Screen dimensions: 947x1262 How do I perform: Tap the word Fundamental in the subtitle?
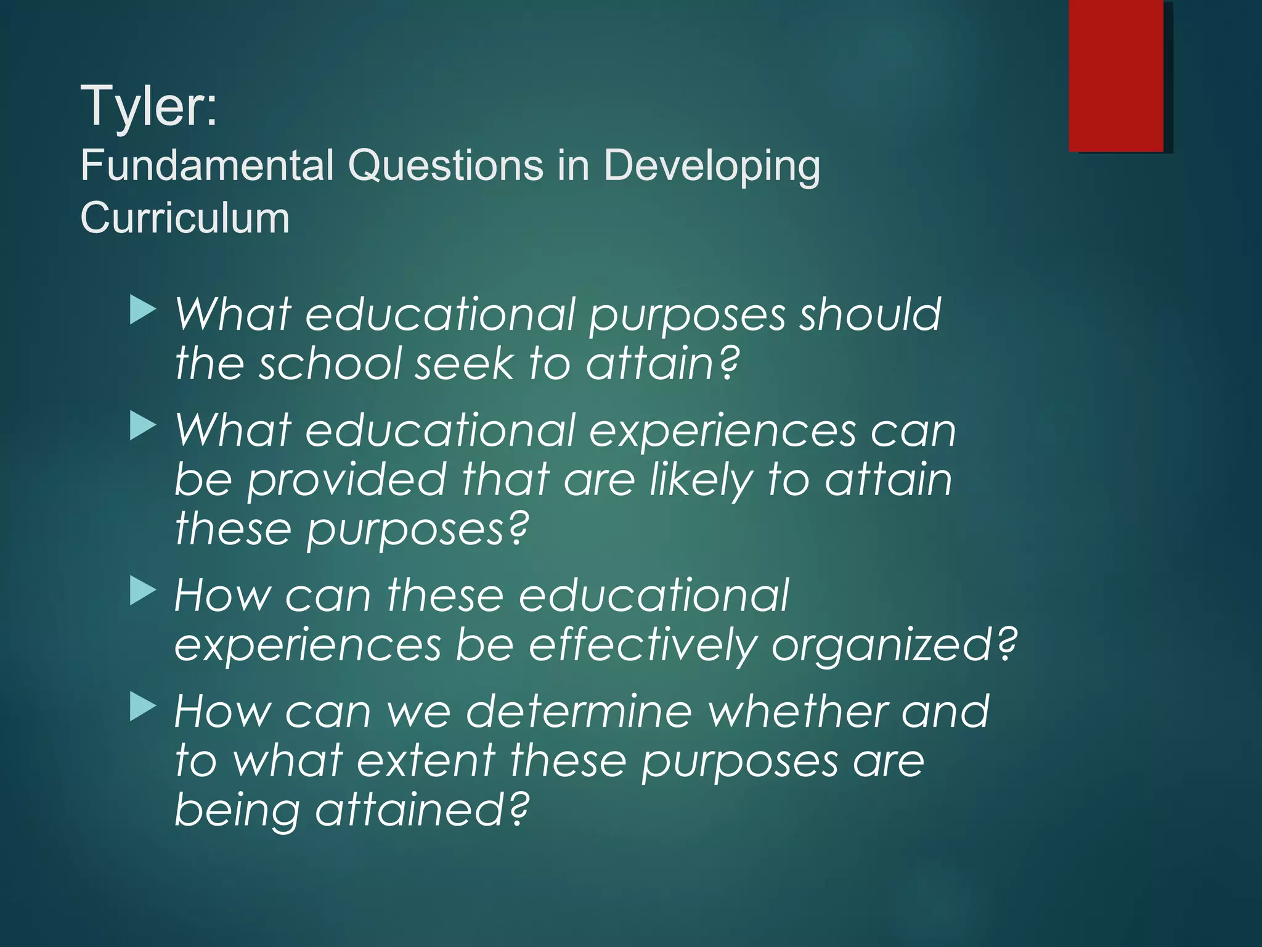coord(206,166)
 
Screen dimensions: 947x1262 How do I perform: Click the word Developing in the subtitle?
coord(711,167)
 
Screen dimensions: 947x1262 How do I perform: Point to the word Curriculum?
coord(185,218)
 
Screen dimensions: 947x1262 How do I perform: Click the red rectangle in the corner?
coord(1115,75)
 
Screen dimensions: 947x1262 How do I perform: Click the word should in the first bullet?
coord(869,314)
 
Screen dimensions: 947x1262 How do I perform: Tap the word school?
coord(330,364)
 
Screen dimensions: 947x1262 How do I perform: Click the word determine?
coord(579,712)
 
